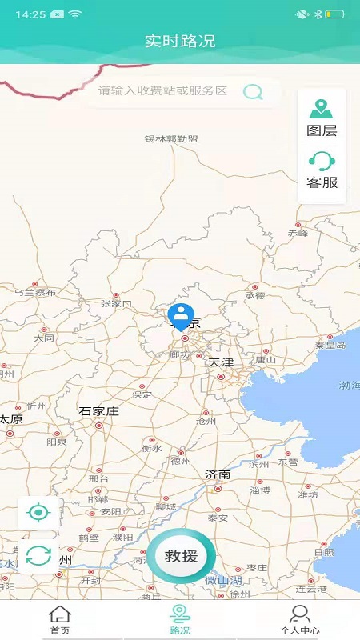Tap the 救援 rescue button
pyautogui.click(x=182, y=556)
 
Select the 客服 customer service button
pyautogui.click(x=322, y=170)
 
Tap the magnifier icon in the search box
pyautogui.click(x=253, y=91)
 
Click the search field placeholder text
pyautogui.click(x=163, y=91)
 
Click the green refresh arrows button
pyautogui.click(x=38, y=555)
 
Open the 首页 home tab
pyautogui.click(x=60, y=620)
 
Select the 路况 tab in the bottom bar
pyautogui.click(x=180, y=620)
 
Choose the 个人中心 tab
pyautogui.click(x=300, y=620)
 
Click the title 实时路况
pyautogui.click(x=180, y=41)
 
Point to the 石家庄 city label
pyautogui.click(x=98, y=411)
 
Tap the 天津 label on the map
pyautogui.click(x=221, y=362)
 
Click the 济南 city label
pyautogui.click(x=218, y=474)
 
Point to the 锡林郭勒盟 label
pyautogui.click(x=171, y=138)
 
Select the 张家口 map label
pyautogui.click(x=116, y=304)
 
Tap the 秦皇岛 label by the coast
pyautogui.click(x=330, y=346)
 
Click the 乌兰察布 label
pyautogui.click(x=35, y=293)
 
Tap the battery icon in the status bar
pyautogui.click(x=334, y=14)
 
